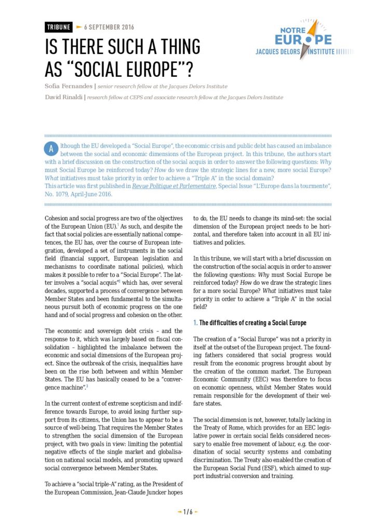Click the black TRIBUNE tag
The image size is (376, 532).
tap(58, 27)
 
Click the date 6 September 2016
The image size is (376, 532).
tap(109, 27)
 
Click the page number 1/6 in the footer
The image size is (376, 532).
tap(188, 512)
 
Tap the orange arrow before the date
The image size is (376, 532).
tap(79, 26)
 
